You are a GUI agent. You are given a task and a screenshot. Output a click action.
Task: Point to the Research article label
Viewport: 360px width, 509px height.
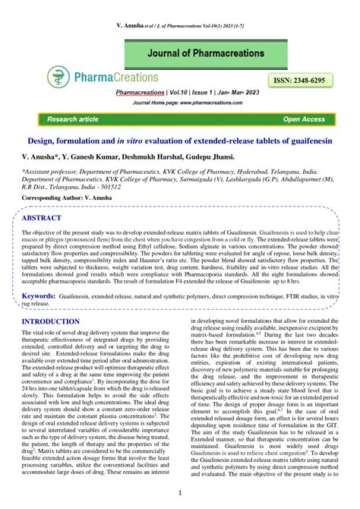click(x=73, y=120)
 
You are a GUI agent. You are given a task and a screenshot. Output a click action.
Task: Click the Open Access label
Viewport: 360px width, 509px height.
click(x=304, y=120)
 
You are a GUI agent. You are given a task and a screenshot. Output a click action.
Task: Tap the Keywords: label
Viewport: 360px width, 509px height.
click(x=39, y=294)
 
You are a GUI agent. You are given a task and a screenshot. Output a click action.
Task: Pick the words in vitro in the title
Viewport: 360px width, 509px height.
click(x=150, y=141)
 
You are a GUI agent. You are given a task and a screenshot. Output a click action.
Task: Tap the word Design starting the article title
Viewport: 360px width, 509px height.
click(x=43, y=141)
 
